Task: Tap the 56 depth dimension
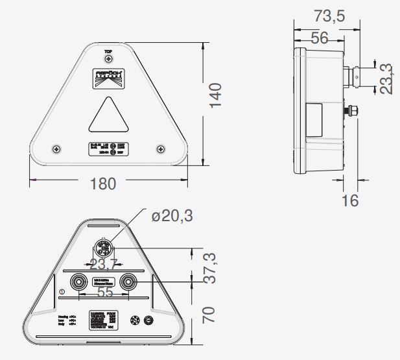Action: [319, 38]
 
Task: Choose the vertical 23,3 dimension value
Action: [386, 78]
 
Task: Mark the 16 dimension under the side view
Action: [349, 200]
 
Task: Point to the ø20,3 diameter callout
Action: [172, 216]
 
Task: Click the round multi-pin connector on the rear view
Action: [104, 248]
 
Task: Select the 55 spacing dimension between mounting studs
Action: [105, 293]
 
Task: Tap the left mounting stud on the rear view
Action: [79, 282]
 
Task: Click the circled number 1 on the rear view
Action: [61, 292]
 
